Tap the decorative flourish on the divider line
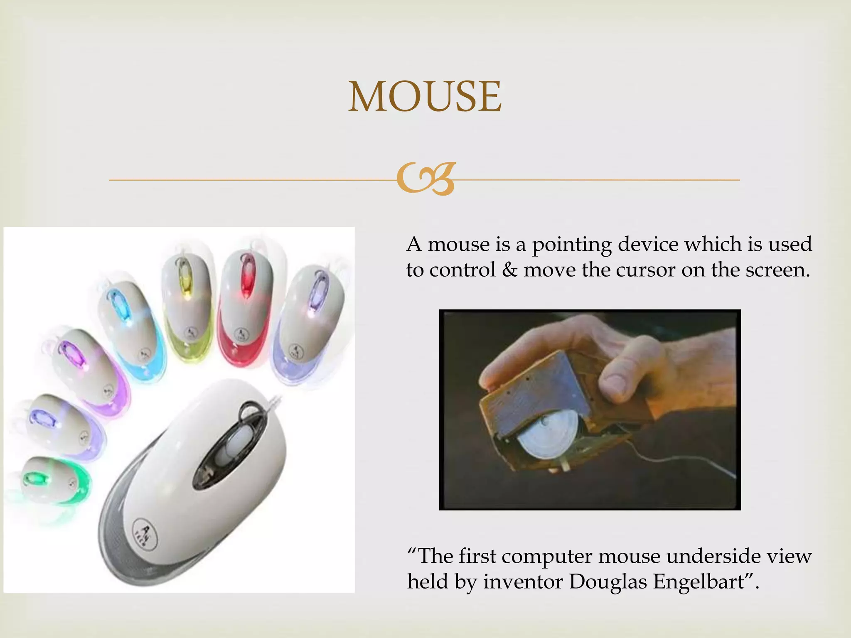425,179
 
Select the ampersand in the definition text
509,270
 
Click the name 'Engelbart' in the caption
698,582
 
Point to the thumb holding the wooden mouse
615,378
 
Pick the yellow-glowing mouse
187,303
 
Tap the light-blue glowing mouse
129,328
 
